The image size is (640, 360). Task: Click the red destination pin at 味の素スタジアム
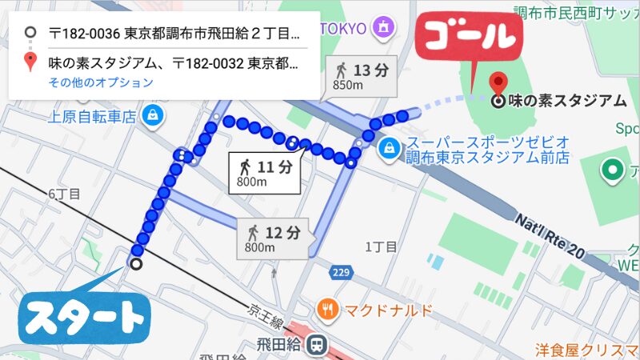pyautogui.click(x=498, y=83)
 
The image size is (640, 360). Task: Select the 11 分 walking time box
pyautogui.click(x=263, y=171)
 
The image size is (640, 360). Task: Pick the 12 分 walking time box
pyautogui.click(x=273, y=238)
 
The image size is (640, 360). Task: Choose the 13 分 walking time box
pyautogui.click(x=362, y=75)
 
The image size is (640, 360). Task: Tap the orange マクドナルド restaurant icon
pyautogui.click(x=327, y=308)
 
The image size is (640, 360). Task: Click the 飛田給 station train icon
pyautogui.click(x=318, y=343)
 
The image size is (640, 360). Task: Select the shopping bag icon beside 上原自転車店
pyautogui.click(x=151, y=115)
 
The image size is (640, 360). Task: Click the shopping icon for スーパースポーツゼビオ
pyautogui.click(x=388, y=147)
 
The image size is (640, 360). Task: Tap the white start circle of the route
pyautogui.click(x=136, y=264)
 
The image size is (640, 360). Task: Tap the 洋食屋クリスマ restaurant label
pyautogui.click(x=587, y=350)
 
